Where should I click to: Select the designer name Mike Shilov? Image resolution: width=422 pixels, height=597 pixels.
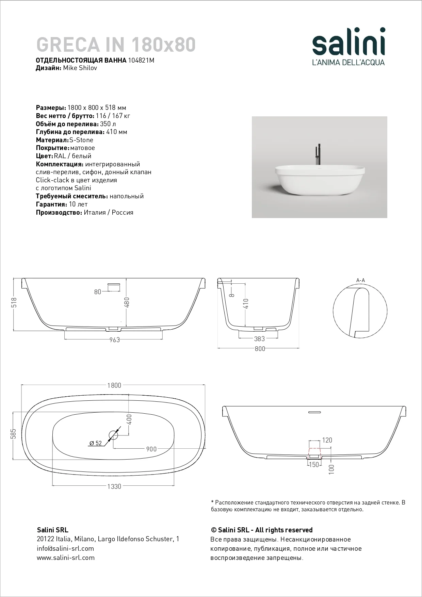[80, 68]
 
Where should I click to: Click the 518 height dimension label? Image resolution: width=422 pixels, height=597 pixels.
[14, 303]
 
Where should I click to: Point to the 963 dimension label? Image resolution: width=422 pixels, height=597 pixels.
[114, 340]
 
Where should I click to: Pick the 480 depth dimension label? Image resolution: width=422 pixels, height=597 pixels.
[127, 302]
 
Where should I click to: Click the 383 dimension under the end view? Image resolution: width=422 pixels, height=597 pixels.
[259, 339]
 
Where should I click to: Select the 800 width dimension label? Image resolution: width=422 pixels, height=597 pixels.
[260, 349]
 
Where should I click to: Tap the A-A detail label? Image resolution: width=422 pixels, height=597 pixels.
[360, 280]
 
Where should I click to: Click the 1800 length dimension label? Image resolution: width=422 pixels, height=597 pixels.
[114, 385]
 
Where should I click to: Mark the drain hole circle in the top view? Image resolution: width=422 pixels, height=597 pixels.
[113, 434]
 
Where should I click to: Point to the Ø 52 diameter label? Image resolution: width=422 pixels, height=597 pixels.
[96, 443]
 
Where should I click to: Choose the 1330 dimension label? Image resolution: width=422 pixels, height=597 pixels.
[114, 486]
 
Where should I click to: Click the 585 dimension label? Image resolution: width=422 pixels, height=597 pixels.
[14, 434]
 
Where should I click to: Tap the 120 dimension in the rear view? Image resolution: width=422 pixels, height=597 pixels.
[327, 440]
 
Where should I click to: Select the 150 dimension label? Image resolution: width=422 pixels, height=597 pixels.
[313, 465]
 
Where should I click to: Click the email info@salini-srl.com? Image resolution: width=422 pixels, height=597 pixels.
[65, 548]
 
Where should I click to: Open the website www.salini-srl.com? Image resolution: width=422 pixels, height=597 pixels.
[65, 558]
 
